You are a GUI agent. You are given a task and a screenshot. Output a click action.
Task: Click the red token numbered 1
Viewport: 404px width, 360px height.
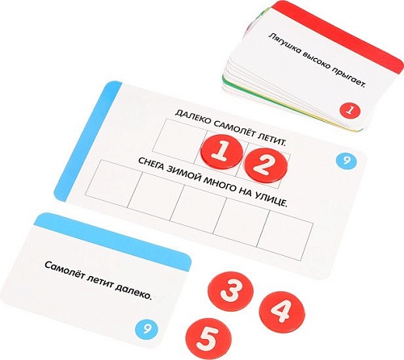pyautogui.click(x=221, y=152)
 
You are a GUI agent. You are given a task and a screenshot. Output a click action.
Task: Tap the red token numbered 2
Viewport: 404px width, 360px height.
pyautogui.click(x=266, y=165)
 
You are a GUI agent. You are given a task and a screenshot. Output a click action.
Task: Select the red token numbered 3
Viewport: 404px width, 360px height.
pyautogui.click(x=230, y=291)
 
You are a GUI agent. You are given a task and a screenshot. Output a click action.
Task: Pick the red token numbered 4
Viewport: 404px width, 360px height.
pyautogui.click(x=282, y=312)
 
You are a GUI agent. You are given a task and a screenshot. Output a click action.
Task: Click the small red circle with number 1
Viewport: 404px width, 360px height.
pyautogui.click(x=350, y=111)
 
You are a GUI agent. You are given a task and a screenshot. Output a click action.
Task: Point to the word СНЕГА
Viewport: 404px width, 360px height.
pyautogui.click(x=151, y=165)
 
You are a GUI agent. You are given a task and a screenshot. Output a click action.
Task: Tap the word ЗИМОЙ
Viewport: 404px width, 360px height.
pyautogui.click(x=182, y=176)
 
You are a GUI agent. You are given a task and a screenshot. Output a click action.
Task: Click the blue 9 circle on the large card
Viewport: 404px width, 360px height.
pyautogui.click(x=347, y=161)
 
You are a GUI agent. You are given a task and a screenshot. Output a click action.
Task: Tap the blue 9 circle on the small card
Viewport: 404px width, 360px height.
pyautogui.click(x=146, y=328)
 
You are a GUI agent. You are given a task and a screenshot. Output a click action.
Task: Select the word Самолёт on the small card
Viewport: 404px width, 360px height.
pyautogui.click(x=64, y=271)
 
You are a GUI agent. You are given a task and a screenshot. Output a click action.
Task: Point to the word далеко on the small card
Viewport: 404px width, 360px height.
pyautogui.click(x=133, y=292)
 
